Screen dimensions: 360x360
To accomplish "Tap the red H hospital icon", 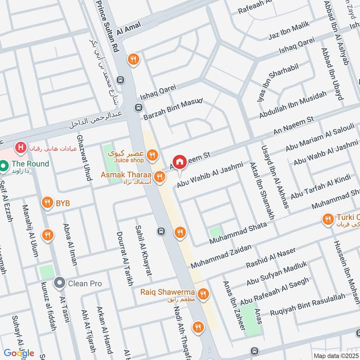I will coord(20,147).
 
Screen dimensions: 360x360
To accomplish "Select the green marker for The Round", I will coord(4,166).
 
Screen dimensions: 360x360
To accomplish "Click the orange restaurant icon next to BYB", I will coord(47,203).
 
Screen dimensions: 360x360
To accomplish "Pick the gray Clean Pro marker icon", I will coord(59,283).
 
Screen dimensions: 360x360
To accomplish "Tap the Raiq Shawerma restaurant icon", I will coord(203,294).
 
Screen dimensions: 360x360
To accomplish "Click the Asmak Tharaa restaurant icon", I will coord(159,178).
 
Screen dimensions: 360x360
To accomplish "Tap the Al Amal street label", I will coord(129,28).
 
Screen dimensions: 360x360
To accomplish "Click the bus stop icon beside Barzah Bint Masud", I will coord(138,108).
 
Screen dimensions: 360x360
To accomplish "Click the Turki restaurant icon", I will coord(328,220).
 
